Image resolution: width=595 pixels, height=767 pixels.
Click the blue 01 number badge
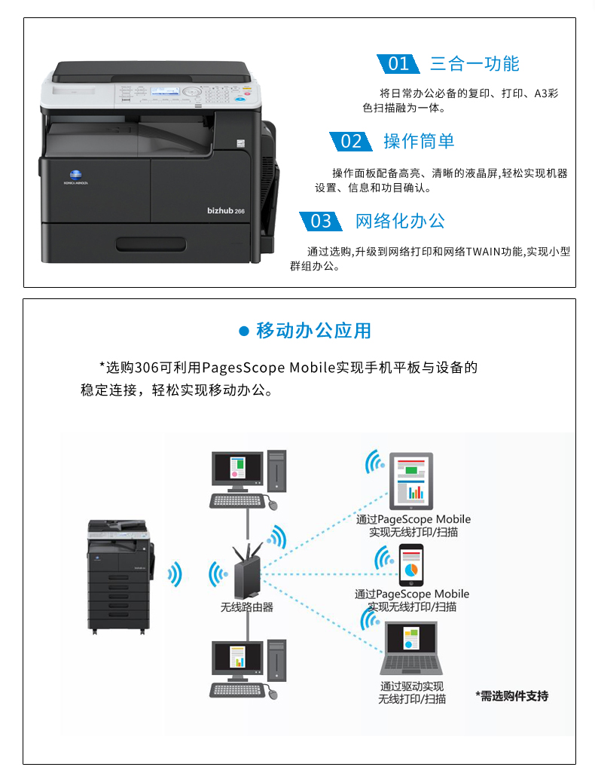[398, 64]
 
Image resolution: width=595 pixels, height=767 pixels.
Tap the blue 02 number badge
[350, 142]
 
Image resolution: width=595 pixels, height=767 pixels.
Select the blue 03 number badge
[321, 221]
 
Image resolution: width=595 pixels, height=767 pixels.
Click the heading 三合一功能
[474, 64]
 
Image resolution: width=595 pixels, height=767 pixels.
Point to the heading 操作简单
[419, 142]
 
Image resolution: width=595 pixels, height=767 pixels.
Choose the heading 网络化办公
[400, 221]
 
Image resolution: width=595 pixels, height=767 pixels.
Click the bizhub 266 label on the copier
[225, 211]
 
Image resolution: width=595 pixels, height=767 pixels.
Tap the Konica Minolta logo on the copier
[76, 176]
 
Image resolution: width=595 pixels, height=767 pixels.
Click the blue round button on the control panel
[240, 99]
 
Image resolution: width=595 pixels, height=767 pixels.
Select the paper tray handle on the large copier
[151, 245]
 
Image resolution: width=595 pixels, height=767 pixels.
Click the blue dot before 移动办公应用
[243, 332]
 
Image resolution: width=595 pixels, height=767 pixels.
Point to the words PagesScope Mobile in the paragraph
[268, 368]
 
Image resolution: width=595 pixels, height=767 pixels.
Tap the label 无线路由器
[247, 607]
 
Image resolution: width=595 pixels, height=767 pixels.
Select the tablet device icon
[410, 481]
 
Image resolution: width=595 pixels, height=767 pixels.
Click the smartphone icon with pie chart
[411, 565]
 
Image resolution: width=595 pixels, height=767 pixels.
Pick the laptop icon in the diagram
[411, 648]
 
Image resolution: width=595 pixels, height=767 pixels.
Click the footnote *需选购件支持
[512, 695]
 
